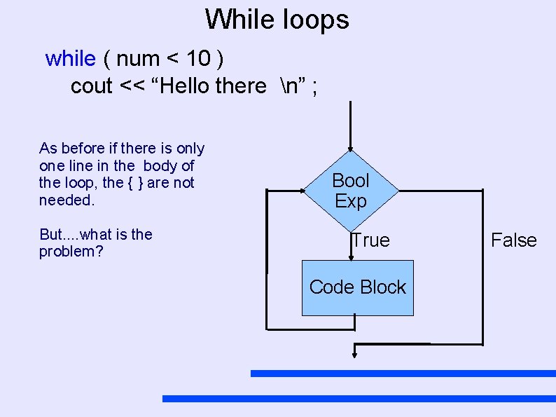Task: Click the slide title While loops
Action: tap(277, 19)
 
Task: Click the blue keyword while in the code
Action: tap(70, 58)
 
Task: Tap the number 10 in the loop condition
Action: tap(197, 58)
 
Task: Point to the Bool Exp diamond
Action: tap(351, 191)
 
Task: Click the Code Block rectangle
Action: tap(357, 287)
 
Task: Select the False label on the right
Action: tap(513, 240)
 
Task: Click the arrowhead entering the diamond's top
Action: tap(350, 146)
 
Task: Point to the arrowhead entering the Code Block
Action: tap(351, 257)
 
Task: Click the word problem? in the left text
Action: tap(71, 252)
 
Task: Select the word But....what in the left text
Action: tap(76, 234)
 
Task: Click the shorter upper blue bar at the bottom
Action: tap(403, 374)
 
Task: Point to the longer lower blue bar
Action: tap(359, 398)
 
